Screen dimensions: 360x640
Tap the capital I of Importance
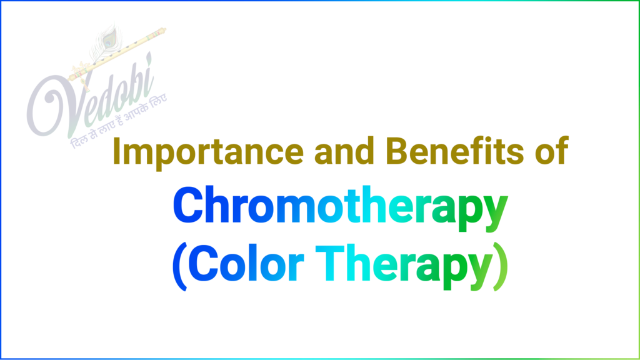(118, 152)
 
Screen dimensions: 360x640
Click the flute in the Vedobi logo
(119, 53)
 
